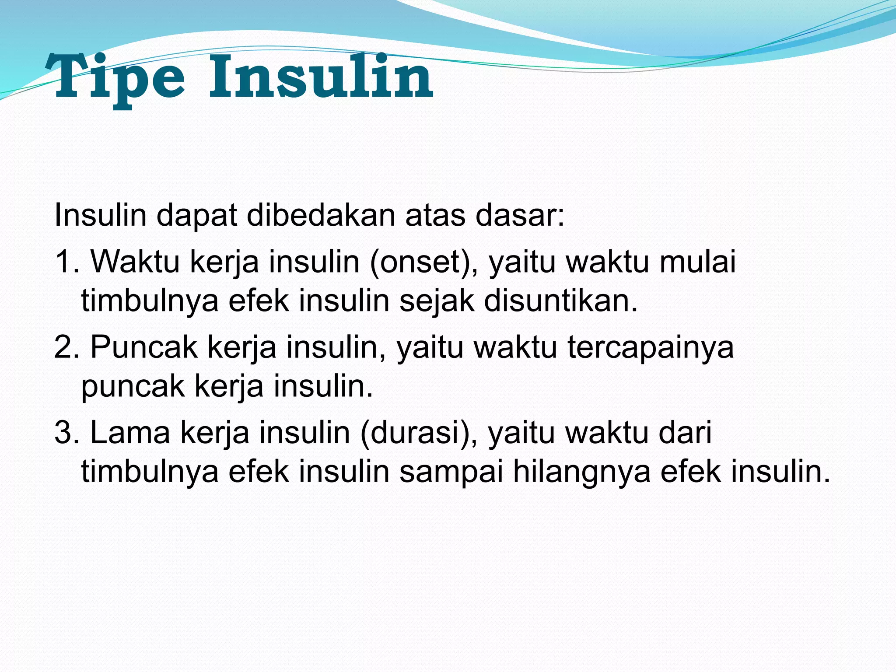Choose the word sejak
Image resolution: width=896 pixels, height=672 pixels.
(x=437, y=301)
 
